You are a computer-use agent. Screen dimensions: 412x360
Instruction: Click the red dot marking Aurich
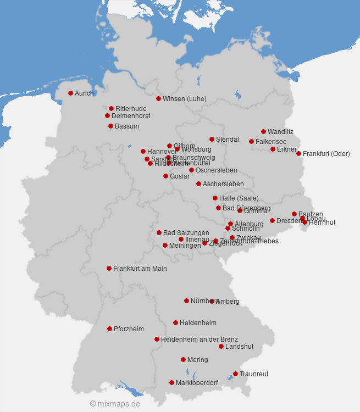pos(70,93)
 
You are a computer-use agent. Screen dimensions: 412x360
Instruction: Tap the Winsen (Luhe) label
pos(184,99)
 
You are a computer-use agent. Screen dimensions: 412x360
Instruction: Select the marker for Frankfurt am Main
pos(109,269)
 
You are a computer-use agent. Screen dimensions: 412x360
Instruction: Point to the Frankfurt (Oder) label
pos(326,154)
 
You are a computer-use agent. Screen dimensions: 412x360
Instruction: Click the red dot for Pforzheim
pos(109,329)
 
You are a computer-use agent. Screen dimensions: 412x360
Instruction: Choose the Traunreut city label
pos(254,374)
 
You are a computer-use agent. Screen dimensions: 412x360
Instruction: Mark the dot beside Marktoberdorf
pos(171,383)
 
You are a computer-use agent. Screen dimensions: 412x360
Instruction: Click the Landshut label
pos(239,347)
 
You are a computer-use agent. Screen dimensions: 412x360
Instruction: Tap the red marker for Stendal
pos(212,140)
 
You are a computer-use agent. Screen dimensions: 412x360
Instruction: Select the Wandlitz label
pos(280,132)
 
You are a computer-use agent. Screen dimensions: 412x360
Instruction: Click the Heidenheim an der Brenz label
pos(199,339)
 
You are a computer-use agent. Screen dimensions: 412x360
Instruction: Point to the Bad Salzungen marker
pos(159,233)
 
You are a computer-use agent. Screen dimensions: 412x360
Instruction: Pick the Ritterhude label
pos(131,109)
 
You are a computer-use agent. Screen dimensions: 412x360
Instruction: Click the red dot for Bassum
pos(110,126)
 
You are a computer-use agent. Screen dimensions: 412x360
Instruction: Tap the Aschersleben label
pos(223,184)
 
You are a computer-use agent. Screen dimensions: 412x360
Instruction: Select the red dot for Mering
pos(183,360)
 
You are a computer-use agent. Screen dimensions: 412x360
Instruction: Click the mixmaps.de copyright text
pos(115,404)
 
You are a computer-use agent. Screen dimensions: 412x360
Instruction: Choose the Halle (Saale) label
pos(239,198)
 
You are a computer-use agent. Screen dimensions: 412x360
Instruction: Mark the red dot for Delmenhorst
pos(107,116)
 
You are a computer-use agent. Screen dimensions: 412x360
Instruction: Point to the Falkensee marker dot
pos(251,142)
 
